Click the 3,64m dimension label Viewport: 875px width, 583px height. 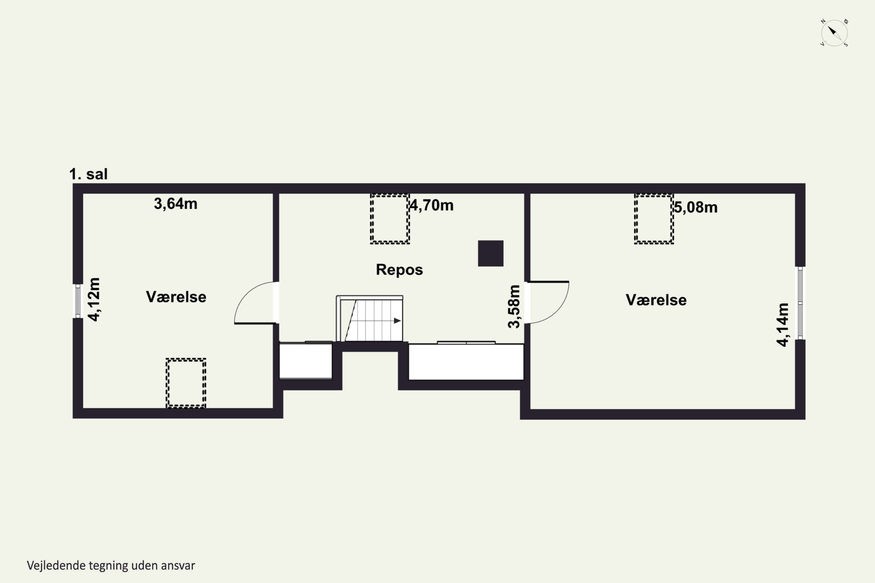tap(176, 204)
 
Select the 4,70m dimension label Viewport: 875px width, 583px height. tap(432, 205)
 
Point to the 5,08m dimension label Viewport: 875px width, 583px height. tap(696, 207)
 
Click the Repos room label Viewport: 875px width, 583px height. tap(399, 270)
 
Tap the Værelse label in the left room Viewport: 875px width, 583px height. tap(176, 297)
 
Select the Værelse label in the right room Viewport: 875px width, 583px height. tap(656, 300)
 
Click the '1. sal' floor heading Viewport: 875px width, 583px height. tap(89, 174)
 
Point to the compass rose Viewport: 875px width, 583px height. tap(834, 33)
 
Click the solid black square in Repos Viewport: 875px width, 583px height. tap(491, 253)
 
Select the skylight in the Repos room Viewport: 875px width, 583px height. tap(390, 219)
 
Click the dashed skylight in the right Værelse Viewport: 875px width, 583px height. tap(654, 219)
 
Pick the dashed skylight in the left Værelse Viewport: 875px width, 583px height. tap(186, 383)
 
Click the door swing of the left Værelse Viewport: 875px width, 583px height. tap(246, 294)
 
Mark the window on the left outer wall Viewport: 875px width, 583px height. tap(78, 301)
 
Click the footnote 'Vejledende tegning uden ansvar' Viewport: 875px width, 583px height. tap(111, 566)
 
